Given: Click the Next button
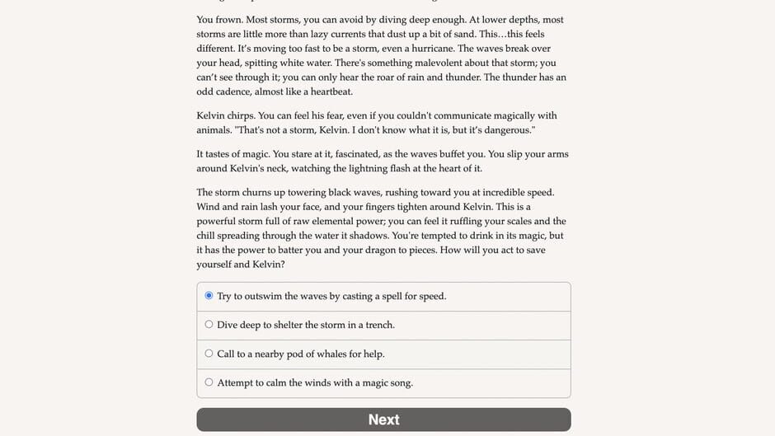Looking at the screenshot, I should click(383, 420).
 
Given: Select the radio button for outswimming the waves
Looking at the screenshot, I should click(209, 296).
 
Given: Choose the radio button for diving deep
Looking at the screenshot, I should click(209, 325).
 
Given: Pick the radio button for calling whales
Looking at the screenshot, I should click(209, 354).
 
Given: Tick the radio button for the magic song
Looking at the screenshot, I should click(209, 382).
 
